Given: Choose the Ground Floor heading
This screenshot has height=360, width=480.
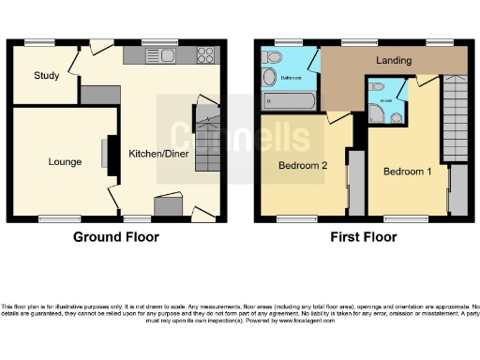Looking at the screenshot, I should coord(116,237).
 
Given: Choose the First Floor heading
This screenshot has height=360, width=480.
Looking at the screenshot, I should coord(361,237).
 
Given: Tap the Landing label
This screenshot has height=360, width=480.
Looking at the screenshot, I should coord(394,61).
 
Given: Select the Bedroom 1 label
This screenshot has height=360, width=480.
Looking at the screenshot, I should coord(407,172).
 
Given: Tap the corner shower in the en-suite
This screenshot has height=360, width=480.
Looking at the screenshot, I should coord(377,114).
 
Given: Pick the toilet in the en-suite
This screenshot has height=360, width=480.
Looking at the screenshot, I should coord(397,117).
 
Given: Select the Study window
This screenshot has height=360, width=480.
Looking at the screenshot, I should coord(38,42).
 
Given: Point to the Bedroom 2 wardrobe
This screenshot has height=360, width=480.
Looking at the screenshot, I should coord(355,181).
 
